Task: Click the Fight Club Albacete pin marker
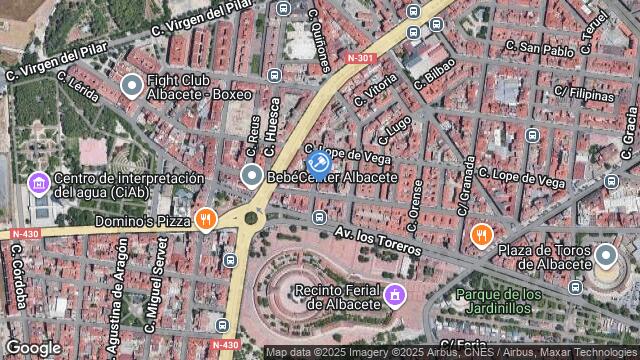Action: coord(131,85)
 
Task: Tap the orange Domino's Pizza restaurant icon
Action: coord(206,219)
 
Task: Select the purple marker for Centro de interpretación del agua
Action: coord(39,183)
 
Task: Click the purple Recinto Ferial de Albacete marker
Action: coord(395,296)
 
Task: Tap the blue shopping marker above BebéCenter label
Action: coord(318,161)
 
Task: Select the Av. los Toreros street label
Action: coord(379,240)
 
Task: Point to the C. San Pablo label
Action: coord(540,47)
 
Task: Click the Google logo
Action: coord(33,347)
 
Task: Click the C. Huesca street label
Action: coord(275,122)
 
